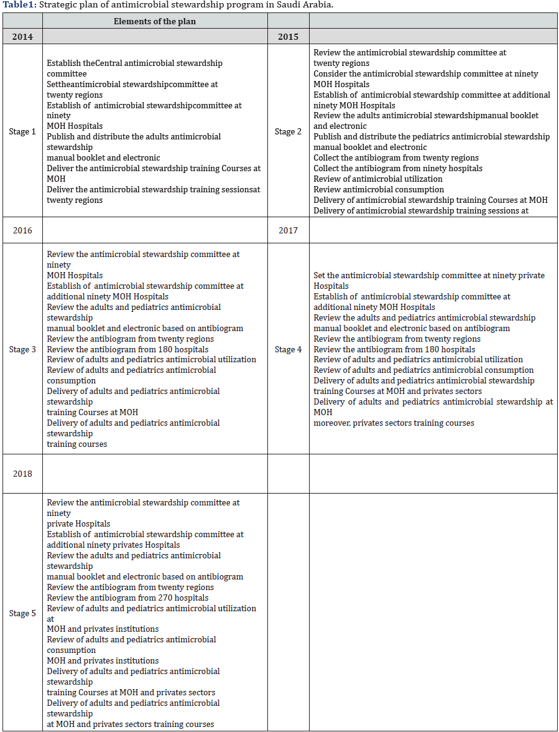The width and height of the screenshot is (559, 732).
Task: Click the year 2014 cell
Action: coord(22,37)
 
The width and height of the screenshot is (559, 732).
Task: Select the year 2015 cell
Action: coord(288,37)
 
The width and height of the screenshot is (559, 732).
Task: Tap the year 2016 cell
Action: coord(22,230)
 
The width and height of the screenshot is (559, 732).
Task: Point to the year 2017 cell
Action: coord(288,230)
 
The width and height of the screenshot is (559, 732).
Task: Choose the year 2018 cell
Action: coord(22,474)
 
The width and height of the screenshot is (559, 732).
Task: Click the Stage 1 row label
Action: coord(22,132)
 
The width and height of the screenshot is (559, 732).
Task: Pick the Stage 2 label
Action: coord(288,132)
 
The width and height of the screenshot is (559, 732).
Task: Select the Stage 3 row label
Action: coord(22,349)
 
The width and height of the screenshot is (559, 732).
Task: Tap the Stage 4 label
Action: coord(288,349)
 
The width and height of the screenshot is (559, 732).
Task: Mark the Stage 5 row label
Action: coord(22,613)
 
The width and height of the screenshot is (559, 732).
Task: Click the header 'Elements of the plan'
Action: coord(155,22)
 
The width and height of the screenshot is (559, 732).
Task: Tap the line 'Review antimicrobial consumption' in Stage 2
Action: coord(379,190)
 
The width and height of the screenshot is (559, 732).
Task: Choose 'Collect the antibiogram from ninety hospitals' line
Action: coord(398,169)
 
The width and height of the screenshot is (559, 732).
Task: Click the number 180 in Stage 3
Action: coord(167,350)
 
